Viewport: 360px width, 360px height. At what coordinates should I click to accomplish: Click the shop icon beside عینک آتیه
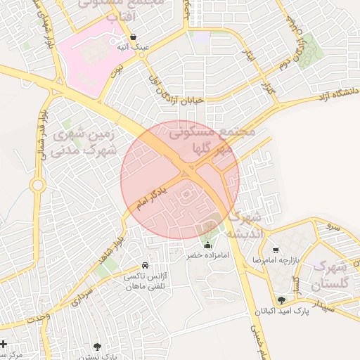[x=133, y=37]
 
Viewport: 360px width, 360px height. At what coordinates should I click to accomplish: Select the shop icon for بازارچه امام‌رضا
[x=276, y=250]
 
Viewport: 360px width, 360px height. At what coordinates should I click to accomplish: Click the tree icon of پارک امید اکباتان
[x=281, y=300]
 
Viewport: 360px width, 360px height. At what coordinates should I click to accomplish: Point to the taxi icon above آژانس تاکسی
[x=145, y=266]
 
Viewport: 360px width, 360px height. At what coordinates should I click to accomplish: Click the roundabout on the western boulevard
[x=37, y=186]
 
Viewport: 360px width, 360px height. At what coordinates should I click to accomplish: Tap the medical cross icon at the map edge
[x=4, y=345]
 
